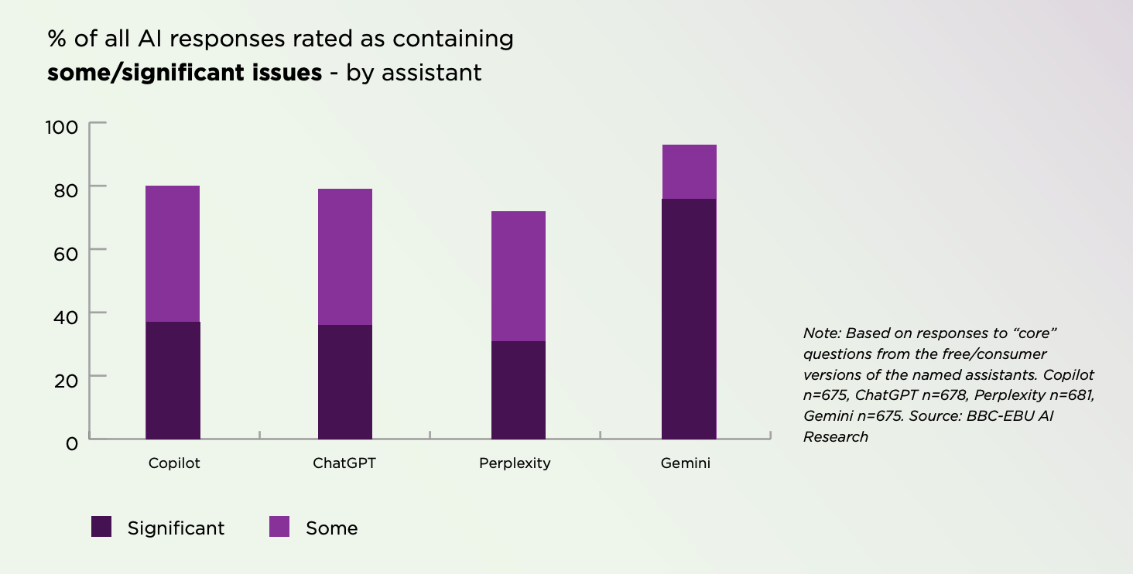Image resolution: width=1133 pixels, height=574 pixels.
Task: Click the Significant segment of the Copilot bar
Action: tap(173, 380)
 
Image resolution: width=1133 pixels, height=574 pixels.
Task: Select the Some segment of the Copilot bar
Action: tap(173, 254)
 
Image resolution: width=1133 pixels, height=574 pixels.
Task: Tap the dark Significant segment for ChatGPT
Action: tap(345, 381)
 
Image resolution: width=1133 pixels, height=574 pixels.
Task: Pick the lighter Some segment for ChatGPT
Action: tap(345, 257)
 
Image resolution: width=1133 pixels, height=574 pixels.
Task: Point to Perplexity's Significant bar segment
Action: tap(519, 390)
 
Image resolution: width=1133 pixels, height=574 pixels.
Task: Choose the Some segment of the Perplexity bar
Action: tap(519, 276)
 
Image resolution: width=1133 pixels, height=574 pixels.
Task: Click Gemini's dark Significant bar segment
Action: tap(689, 319)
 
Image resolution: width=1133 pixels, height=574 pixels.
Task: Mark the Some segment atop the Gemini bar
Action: tap(689, 172)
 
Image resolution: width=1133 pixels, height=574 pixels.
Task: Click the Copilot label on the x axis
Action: tap(174, 463)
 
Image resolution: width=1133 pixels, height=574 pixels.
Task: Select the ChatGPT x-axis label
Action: tap(345, 463)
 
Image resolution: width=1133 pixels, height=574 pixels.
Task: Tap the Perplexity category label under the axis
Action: tap(515, 463)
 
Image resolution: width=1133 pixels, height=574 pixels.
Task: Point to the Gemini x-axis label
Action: tap(686, 463)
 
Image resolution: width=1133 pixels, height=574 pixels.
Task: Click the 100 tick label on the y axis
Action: tap(63, 126)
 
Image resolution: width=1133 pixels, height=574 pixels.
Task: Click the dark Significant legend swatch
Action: tap(102, 527)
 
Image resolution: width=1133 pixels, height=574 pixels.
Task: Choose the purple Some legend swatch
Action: tap(279, 527)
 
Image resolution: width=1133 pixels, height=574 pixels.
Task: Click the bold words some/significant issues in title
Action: tap(184, 73)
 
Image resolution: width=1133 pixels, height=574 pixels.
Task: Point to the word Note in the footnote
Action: tap(820, 333)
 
